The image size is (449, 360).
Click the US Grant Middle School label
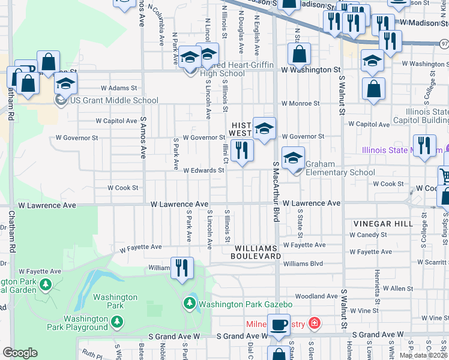tap(114, 101)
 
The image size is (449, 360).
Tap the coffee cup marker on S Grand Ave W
tap(279, 325)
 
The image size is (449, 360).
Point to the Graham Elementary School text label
tap(340, 168)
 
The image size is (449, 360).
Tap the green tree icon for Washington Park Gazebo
tap(190, 304)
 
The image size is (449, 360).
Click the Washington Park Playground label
tap(86, 323)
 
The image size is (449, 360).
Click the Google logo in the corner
tap(20, 353)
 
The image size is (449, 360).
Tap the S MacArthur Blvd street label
tap(276, 192)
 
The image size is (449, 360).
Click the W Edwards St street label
tap(203, 170)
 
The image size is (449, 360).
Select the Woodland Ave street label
tap(316, 296)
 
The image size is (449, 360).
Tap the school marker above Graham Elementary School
tap(293, 158)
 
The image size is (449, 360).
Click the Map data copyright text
tap(424, 355)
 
